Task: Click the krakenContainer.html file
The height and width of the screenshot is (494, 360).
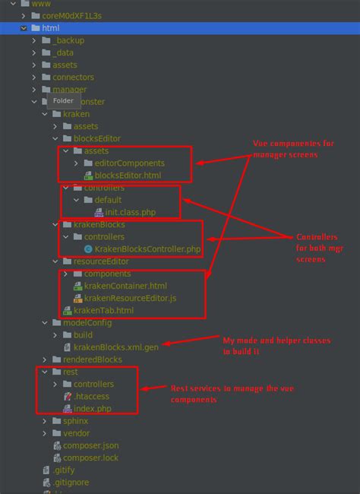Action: (x=125, y=286)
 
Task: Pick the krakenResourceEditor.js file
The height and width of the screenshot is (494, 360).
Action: (x=130, y=298)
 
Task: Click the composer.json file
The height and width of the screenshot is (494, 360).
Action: (x=91, y=445)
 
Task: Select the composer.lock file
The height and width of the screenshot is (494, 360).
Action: (x=90, y=458)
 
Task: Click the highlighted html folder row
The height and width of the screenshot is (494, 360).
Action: (x=51, y=27)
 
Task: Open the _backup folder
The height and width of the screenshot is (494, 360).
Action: (x=68, y=40)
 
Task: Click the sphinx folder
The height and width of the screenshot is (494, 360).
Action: (x=76, y=420)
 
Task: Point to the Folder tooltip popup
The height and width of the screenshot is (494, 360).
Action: (x=63, y=100)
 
